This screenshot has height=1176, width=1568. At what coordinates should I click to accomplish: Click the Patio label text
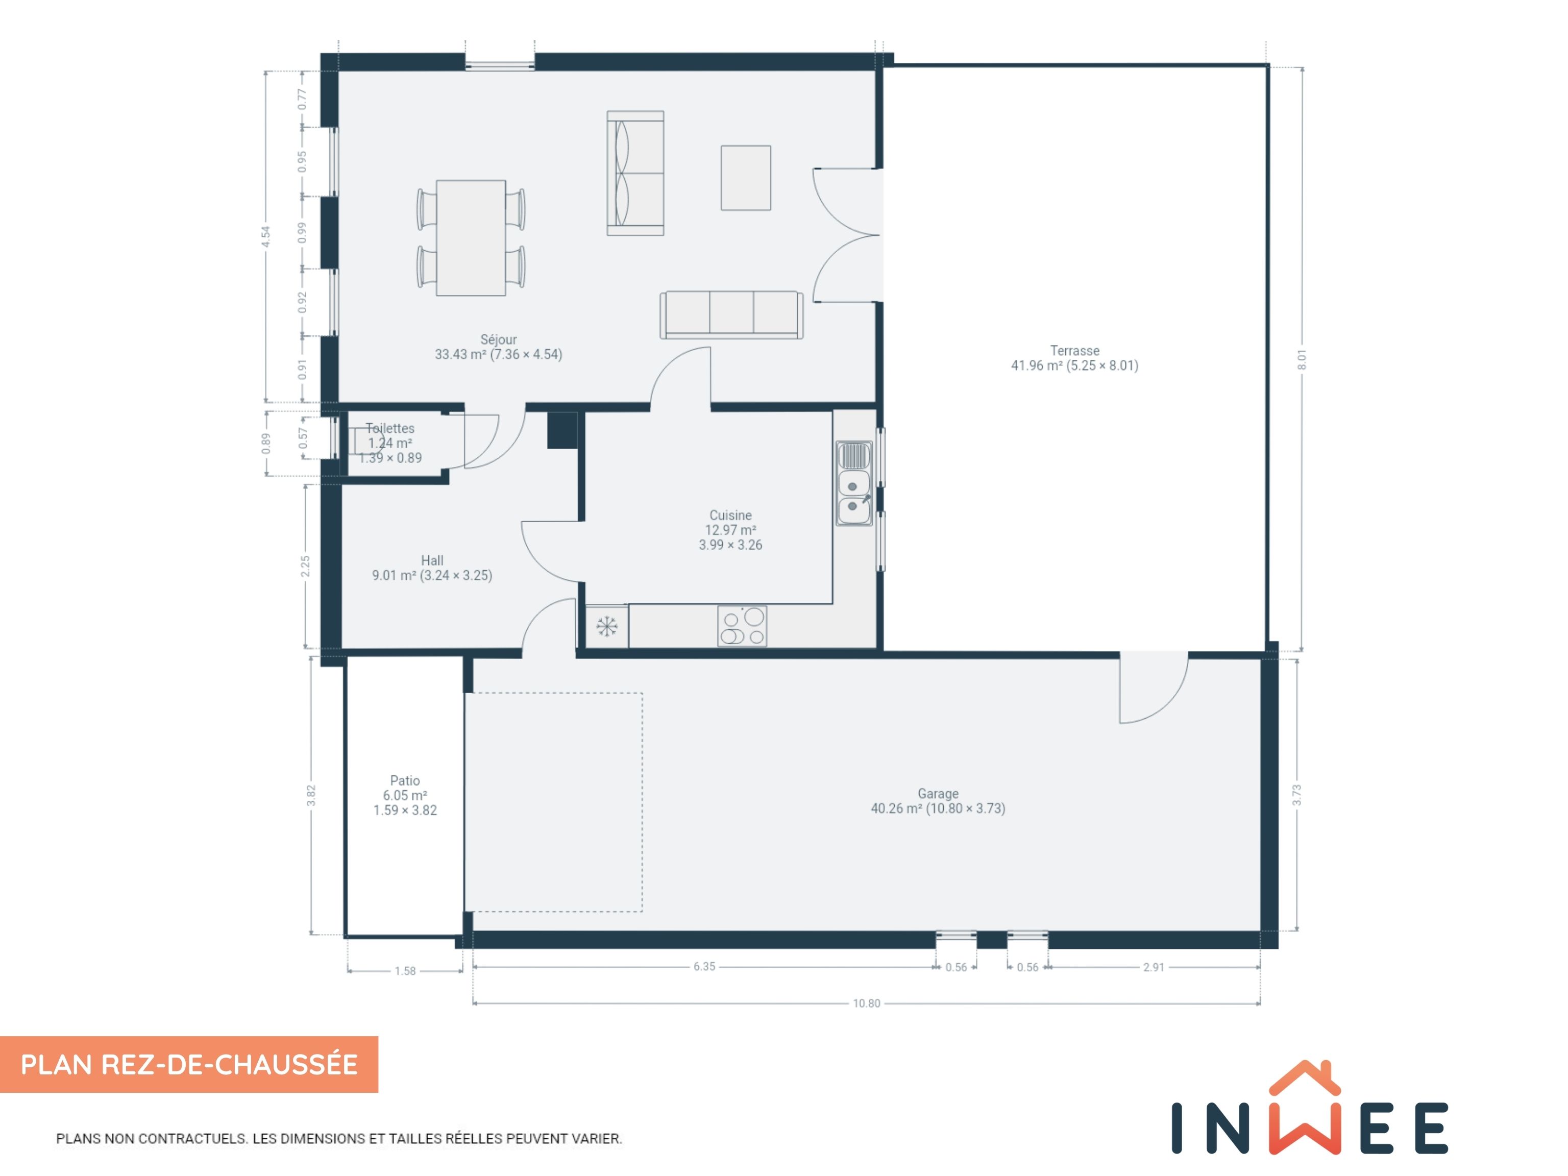tap(405, 780)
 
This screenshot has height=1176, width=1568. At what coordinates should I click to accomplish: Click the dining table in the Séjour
tap(471, 237)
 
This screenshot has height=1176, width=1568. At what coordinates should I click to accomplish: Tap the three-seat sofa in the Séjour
tap(731, 315)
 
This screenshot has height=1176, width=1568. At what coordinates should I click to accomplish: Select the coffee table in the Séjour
tap(746, 178)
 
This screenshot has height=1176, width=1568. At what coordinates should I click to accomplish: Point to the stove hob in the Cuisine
tap(742, 626)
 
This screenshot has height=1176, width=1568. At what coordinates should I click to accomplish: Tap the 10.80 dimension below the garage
tap(866, 1003)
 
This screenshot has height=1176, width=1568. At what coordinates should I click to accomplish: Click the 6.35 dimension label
tap(704, 966)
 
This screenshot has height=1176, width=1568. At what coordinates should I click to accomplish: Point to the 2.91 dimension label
tap(1154, 967)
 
